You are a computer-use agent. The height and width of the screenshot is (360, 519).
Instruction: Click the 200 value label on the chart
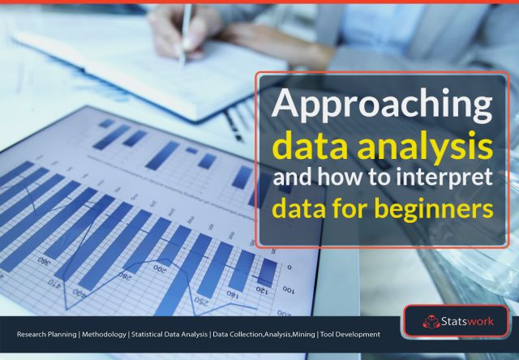pyautogui.click(x=160, y=268)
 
